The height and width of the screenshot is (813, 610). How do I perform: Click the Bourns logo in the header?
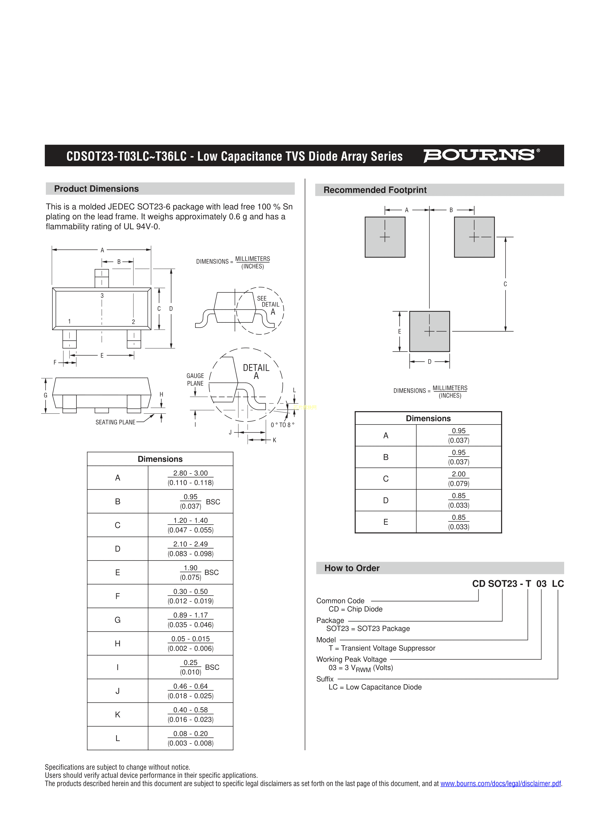coord(481,155)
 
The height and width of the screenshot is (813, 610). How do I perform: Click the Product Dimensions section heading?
coord(96,189)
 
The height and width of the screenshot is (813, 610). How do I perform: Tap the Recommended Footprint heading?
coord(375,190)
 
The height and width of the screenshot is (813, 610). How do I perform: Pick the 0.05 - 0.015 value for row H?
coord(191,639)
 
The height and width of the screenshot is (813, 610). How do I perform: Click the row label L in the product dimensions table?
coord(118,738)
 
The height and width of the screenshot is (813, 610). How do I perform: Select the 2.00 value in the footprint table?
coord(458,474)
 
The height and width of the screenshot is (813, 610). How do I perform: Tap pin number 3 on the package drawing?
coord(102,295)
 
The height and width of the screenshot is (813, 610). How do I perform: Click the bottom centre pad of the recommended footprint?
coord(429,331)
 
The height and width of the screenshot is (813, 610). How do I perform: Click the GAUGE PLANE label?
coord(195,380)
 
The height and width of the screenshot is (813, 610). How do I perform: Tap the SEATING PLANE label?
coord(115,422)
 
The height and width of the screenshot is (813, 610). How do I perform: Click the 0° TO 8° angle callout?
coord(282,425)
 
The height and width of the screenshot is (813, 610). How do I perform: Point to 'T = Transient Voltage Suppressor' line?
coord(382,648)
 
